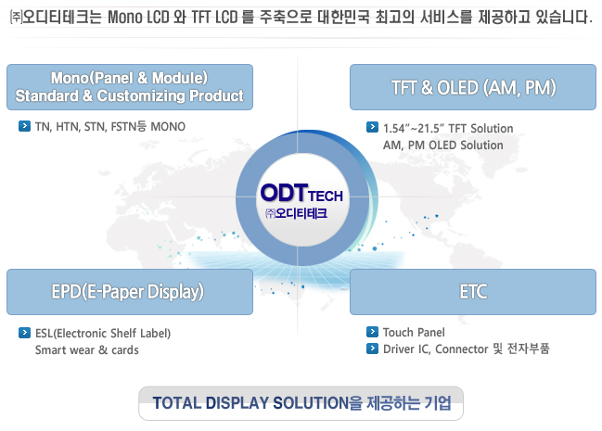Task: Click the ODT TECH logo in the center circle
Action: (301, 193)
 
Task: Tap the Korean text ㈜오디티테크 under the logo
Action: (296, 213)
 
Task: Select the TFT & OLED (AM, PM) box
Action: (473, 87)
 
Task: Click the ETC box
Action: (473, 292)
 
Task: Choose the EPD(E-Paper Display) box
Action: (130, 292)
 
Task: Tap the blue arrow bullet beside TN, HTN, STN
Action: (24, 126)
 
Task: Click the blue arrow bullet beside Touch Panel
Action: (372, 332)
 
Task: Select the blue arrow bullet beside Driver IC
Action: (372, 349)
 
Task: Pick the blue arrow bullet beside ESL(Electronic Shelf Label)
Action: (24, 333)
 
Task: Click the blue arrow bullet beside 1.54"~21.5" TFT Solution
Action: (372, 127)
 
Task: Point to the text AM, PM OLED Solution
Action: (443, 146)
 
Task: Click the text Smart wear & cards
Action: (87, 350)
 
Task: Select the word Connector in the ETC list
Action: (462, 349)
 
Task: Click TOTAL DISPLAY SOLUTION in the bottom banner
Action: (250, 403)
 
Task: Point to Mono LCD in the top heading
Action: (138, 18)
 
